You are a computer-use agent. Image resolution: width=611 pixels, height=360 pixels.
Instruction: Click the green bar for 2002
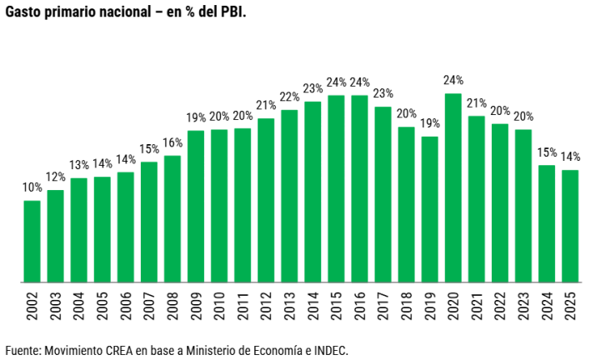click(32, 241)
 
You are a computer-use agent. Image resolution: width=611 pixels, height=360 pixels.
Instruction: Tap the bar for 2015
click(336, 188)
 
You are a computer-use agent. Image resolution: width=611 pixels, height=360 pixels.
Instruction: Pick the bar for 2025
click(570, 226)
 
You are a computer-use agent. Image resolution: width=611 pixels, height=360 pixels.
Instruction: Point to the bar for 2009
click(196, 206)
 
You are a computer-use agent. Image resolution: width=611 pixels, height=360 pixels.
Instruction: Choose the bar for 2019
click(430, 209)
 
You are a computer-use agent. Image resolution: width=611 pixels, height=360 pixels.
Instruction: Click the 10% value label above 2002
click(32, 187)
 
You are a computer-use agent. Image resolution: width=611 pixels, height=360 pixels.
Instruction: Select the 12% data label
click(55, 177)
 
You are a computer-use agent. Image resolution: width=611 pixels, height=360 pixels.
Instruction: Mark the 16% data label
click(173, 142)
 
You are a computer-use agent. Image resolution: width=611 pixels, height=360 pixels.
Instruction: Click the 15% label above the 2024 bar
click(547, 152)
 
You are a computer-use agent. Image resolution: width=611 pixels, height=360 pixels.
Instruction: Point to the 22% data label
click(289, 97)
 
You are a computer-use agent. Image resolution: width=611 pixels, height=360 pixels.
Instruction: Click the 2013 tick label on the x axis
click(290, 308)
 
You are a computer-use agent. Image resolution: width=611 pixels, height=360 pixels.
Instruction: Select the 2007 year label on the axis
click(149, 308)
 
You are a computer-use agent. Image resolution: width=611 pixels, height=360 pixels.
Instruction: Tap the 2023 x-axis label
click(524, 308)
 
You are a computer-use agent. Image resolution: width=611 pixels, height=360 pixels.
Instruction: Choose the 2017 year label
click(383, 308)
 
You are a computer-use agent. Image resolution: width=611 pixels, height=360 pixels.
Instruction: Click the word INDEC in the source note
click(328, 350)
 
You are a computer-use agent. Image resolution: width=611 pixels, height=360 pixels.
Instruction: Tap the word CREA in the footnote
click(118, 350)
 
